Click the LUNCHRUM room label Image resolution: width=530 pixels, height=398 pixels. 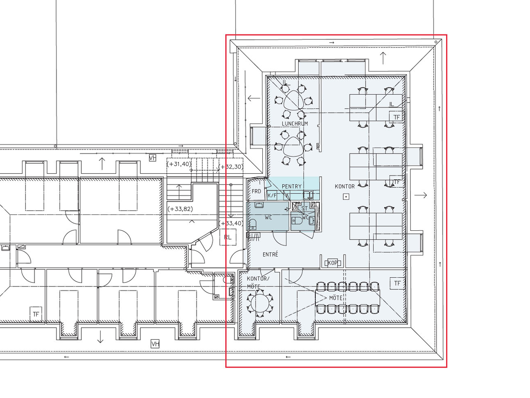click(295, 123)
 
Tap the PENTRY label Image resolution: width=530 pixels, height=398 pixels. click(291, 186)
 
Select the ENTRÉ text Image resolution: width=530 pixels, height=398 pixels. click(270, 254)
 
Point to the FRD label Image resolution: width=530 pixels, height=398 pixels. click(256, 191)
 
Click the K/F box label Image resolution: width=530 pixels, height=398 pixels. click(272, 195)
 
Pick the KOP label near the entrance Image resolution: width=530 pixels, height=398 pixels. click(333, 263)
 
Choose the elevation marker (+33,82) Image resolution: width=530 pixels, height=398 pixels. click(180, 209)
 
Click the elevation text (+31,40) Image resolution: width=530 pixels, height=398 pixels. click(179, 164)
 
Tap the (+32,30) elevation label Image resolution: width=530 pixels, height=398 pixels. click(231, 167)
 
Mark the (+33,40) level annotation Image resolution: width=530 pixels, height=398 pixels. click(231, 223)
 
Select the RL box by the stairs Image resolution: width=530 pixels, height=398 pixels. click(228, 237)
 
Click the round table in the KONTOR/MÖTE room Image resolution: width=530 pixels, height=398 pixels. click(260, 303)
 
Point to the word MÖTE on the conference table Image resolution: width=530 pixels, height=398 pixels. click(336, 298)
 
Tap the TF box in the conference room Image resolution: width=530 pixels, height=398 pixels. click(397, 283)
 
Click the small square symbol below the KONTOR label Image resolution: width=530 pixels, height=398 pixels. click(346, 196)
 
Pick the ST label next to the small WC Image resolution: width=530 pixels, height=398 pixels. click(304, 208)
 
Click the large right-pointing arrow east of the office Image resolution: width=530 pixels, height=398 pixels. click(420, 195)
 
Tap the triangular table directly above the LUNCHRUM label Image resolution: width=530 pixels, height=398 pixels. click(294, 100)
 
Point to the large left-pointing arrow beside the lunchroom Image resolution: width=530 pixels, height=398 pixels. click(254, 98)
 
